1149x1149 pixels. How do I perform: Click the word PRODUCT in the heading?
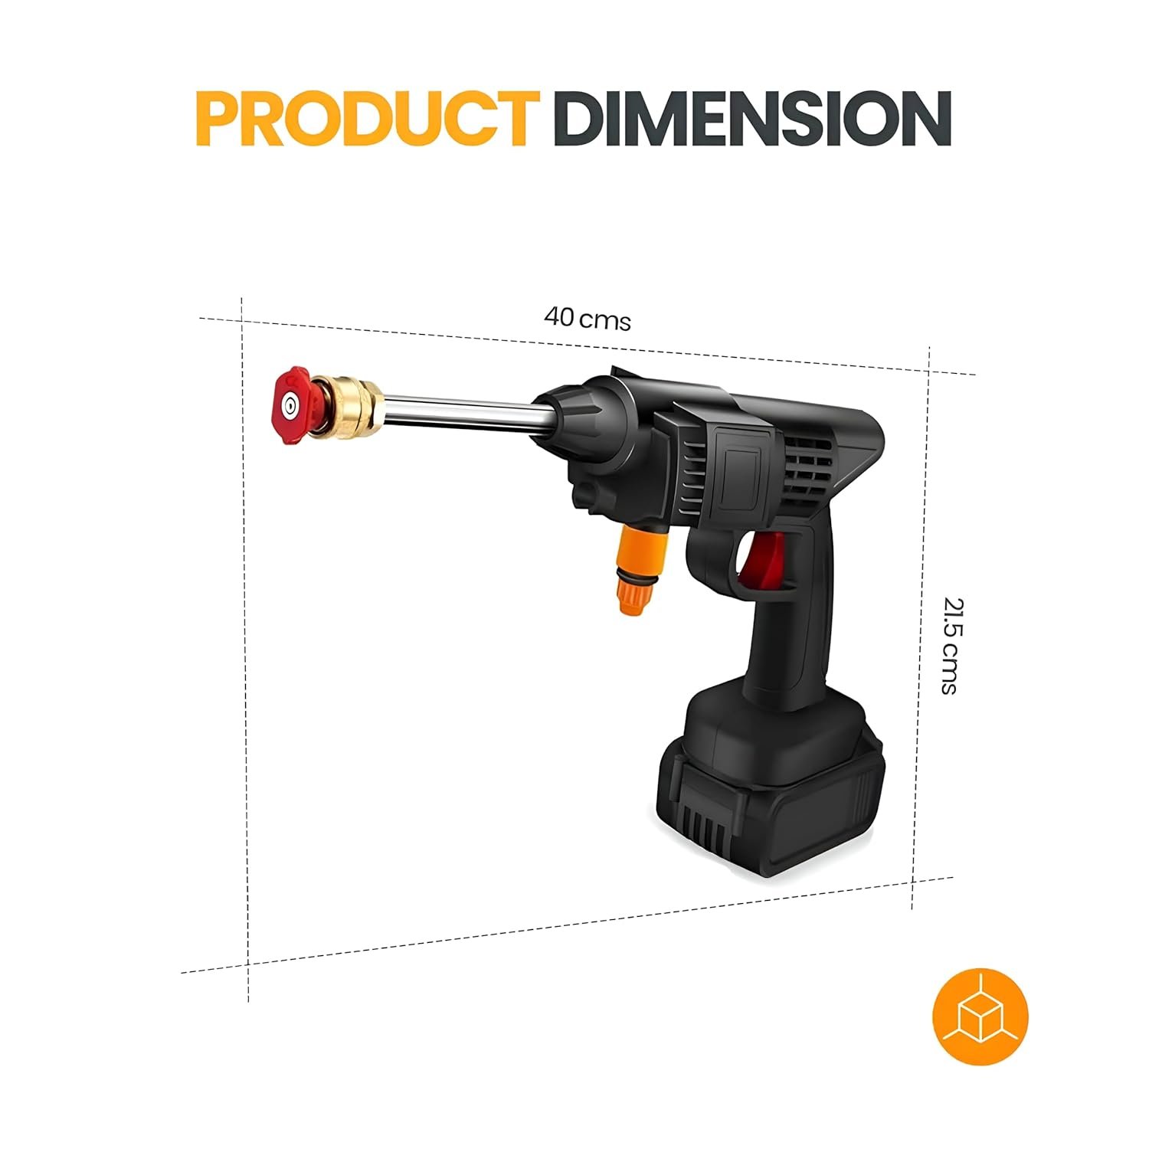(366, 119)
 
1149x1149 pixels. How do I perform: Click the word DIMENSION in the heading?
(752, 119)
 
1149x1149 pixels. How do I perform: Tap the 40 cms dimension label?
(587, 318)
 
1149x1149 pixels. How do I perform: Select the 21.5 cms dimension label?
(949, 645)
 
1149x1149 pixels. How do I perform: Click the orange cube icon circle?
(980, 1016)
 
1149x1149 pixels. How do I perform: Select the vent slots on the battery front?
(701, 827)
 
